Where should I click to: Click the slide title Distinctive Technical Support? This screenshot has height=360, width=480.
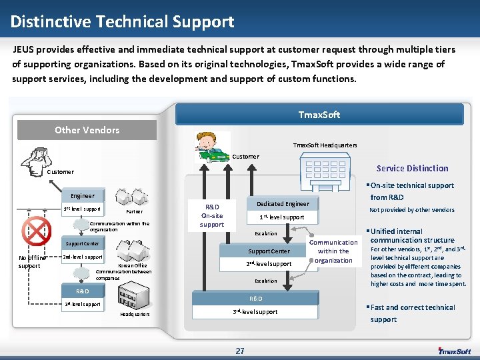122,22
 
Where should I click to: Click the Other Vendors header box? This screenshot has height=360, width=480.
87,130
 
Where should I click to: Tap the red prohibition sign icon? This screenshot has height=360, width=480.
36,231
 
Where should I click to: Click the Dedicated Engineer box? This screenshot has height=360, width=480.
283,203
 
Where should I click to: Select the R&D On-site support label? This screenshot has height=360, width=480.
212,215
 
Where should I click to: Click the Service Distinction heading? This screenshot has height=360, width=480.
412,168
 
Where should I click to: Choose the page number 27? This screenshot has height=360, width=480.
239,351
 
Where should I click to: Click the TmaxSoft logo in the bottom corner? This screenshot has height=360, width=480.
454,351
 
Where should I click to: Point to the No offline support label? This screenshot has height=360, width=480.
31,261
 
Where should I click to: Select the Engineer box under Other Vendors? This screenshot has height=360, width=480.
83,196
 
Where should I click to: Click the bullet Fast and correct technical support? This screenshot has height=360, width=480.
411,313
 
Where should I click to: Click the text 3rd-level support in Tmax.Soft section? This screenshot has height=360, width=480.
255,311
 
